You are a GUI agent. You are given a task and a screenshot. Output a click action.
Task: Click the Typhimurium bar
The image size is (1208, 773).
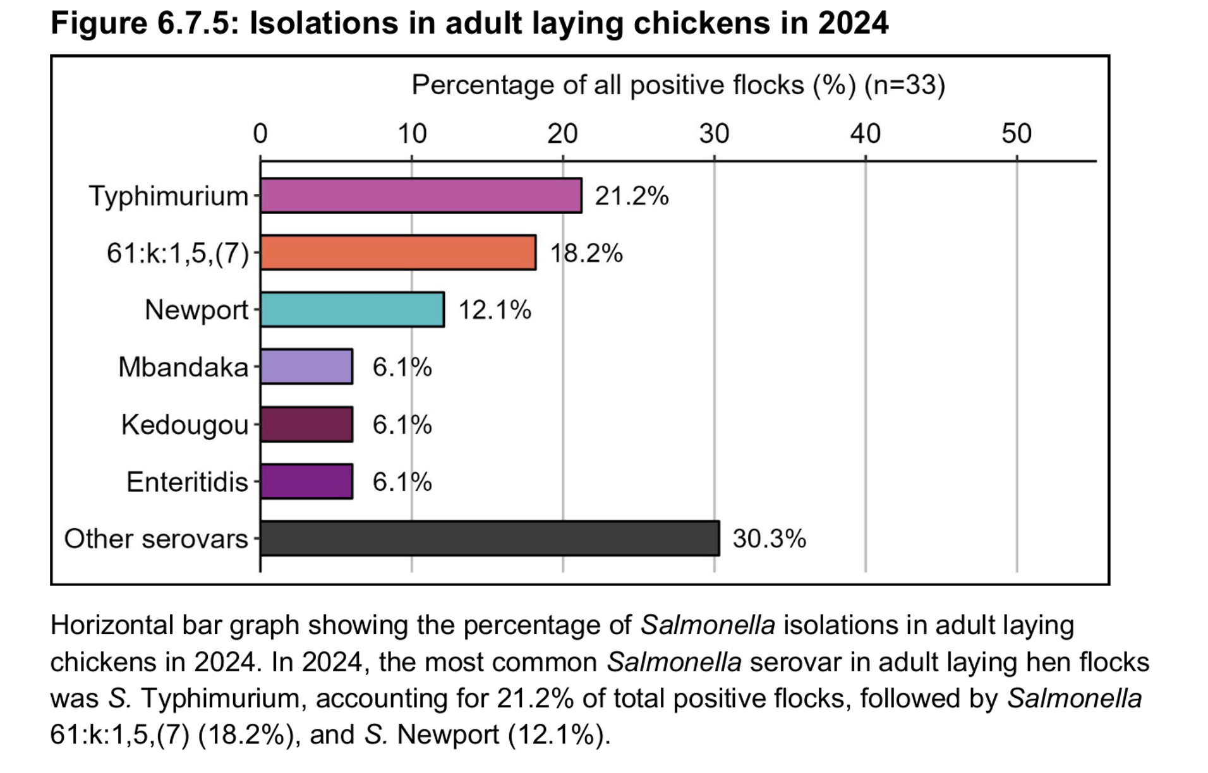point(421,196)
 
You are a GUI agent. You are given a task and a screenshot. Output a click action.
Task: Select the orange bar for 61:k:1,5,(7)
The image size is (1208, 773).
point(398,253)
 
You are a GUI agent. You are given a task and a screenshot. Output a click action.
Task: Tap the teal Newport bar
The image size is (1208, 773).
point(352,309)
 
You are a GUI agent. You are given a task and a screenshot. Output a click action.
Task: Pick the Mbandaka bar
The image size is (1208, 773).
point(306,367)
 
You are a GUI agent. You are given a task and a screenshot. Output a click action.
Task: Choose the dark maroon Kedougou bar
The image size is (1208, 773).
point(306,424)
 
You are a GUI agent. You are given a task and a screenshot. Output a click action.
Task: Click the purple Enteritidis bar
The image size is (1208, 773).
point(306,482)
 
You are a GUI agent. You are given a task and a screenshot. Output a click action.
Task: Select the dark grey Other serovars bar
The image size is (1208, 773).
point(490,539)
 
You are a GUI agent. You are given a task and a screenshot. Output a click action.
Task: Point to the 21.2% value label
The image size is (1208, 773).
point(631,196)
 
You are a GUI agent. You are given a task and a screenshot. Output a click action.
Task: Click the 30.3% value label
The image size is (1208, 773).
point(769,539)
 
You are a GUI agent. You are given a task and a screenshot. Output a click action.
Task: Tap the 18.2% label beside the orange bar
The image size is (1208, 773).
point(586,253)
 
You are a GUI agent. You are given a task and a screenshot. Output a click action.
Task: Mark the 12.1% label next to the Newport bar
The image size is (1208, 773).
point(494,310)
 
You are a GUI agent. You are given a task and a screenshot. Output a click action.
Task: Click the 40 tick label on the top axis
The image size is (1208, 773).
point(865,134)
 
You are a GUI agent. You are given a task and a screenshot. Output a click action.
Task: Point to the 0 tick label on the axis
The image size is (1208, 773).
point(260,134)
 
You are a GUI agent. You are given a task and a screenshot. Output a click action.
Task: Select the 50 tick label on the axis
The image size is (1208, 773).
point(1017,134)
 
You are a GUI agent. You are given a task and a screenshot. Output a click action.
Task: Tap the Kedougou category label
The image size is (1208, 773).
point(184,425)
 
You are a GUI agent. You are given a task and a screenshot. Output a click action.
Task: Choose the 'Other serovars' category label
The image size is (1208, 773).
point(156,539)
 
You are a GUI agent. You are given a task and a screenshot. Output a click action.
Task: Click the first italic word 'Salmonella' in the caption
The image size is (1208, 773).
point(708,625)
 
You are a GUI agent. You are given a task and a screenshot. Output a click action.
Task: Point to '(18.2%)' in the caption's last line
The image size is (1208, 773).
point(243,735)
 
